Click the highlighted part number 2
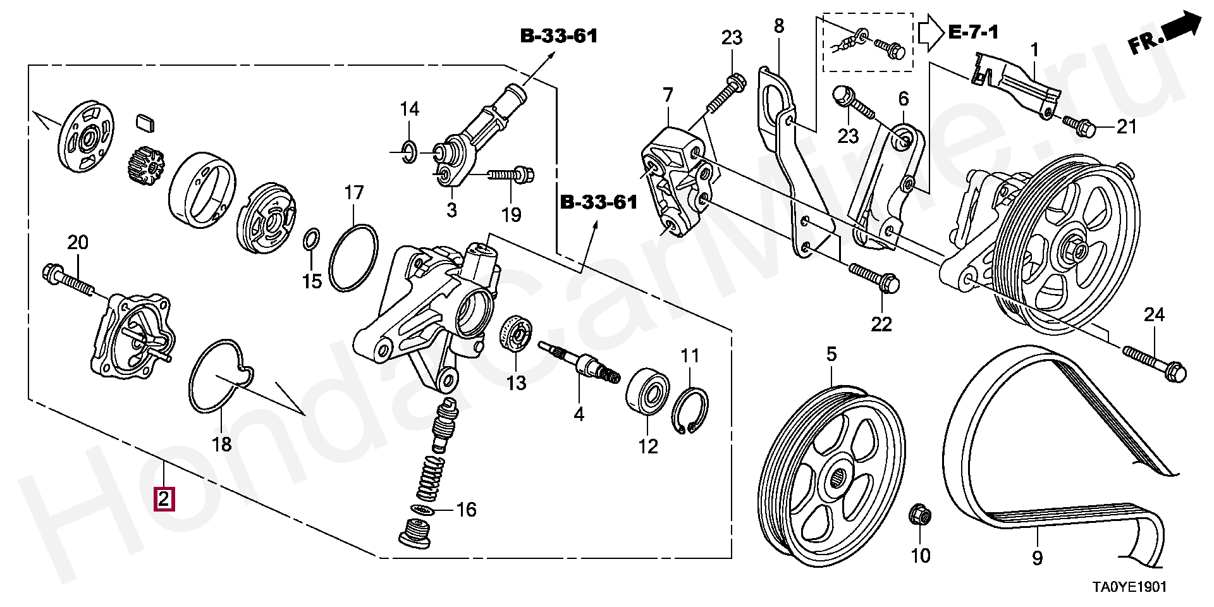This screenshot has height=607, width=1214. (164, 500)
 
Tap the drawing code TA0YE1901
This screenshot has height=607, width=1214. (1130, 587)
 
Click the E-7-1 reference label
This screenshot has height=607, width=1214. (974, 32)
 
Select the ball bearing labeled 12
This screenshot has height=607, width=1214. (647, 391)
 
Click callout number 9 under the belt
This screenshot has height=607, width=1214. (1037, 558)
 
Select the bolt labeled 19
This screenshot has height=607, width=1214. (510, 173)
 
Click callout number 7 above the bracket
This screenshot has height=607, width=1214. (668, 95)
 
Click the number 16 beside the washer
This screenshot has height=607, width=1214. (466, 510)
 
